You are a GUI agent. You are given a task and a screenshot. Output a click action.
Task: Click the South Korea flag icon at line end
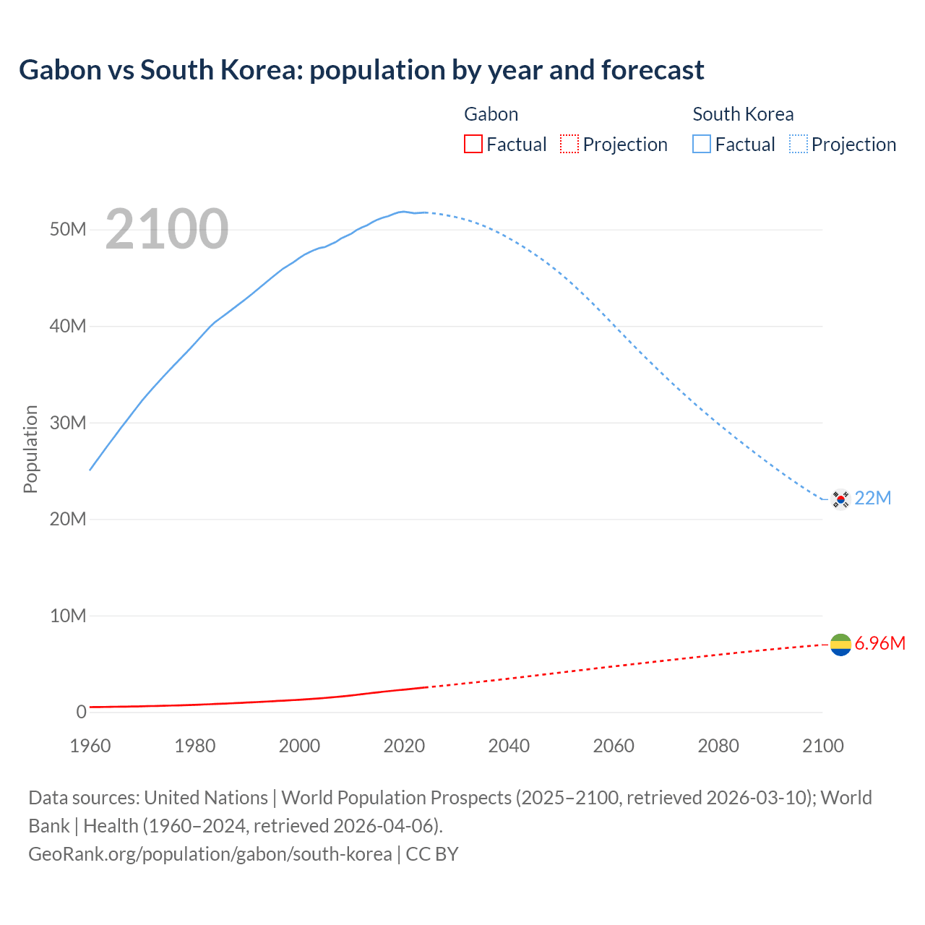840,499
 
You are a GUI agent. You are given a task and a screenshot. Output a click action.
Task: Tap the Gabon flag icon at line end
840,644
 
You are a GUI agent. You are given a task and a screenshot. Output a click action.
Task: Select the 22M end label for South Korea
873,499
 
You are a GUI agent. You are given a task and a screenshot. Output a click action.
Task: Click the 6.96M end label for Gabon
880,644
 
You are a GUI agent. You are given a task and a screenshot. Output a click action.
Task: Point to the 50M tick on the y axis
68,230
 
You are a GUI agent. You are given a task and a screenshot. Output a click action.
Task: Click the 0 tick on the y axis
81,712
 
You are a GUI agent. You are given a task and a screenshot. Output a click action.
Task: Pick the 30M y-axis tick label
68,423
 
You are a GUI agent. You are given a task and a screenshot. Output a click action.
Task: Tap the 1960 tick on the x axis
90,746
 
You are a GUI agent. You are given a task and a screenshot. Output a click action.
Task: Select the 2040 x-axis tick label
509,746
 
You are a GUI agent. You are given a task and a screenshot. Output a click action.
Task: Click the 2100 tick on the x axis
822,746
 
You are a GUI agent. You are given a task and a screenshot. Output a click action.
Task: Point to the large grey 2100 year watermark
167,230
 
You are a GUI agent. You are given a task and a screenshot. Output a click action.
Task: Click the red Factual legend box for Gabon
473,145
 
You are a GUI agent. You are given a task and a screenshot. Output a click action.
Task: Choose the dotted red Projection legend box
569,145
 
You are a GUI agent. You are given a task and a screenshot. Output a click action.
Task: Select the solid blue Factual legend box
702,145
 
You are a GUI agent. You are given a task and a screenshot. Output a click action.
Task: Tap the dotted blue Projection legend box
799,145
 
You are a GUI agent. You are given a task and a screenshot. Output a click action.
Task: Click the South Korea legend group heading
743,114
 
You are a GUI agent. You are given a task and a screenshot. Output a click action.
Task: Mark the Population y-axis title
30,449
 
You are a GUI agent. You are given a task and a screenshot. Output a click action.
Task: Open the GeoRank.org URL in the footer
210,854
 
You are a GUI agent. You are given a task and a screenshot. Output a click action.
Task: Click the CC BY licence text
432,854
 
